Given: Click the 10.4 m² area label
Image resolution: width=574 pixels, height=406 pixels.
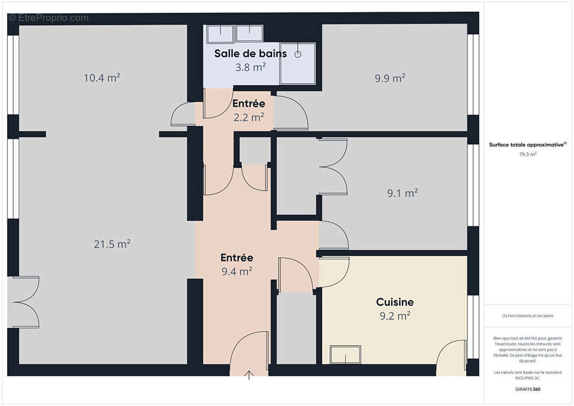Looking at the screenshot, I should coord(102,78).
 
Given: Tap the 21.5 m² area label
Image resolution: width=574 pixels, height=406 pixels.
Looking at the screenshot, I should coord(112,244).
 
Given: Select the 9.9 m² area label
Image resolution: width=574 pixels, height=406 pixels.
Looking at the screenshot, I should coord(390,78).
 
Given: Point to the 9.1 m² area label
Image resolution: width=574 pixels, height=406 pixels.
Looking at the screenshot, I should coord(402,193).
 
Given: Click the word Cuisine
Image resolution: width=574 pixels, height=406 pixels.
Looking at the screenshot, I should coord(395,302).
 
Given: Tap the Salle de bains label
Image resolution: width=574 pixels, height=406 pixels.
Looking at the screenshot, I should coord(250,53).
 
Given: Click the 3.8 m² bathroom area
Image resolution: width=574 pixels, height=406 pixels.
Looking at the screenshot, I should coord(250,66).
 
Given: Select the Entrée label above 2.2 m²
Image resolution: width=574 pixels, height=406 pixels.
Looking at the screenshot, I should coord(249,104).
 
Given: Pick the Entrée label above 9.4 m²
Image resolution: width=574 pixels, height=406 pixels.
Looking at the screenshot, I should coord(237,258).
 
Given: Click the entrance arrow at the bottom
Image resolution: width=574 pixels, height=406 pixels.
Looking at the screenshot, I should coord(249,376).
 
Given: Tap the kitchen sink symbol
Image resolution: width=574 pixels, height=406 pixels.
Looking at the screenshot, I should coord(346,355).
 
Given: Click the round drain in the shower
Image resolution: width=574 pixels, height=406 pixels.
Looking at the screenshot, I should coord(298,53).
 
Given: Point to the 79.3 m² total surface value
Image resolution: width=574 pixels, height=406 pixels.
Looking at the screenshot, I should coord(527,154).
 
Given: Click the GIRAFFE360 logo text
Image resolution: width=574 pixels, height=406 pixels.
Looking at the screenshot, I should coord(528,390).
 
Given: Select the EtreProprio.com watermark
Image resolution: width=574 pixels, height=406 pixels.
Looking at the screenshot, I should coord(48,18).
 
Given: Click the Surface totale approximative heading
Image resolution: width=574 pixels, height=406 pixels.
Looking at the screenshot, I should coord(527,145).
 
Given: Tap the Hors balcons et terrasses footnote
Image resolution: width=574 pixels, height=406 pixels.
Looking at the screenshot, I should coord(528,316).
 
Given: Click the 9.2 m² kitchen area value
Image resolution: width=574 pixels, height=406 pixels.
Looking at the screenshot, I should coord(395,316).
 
